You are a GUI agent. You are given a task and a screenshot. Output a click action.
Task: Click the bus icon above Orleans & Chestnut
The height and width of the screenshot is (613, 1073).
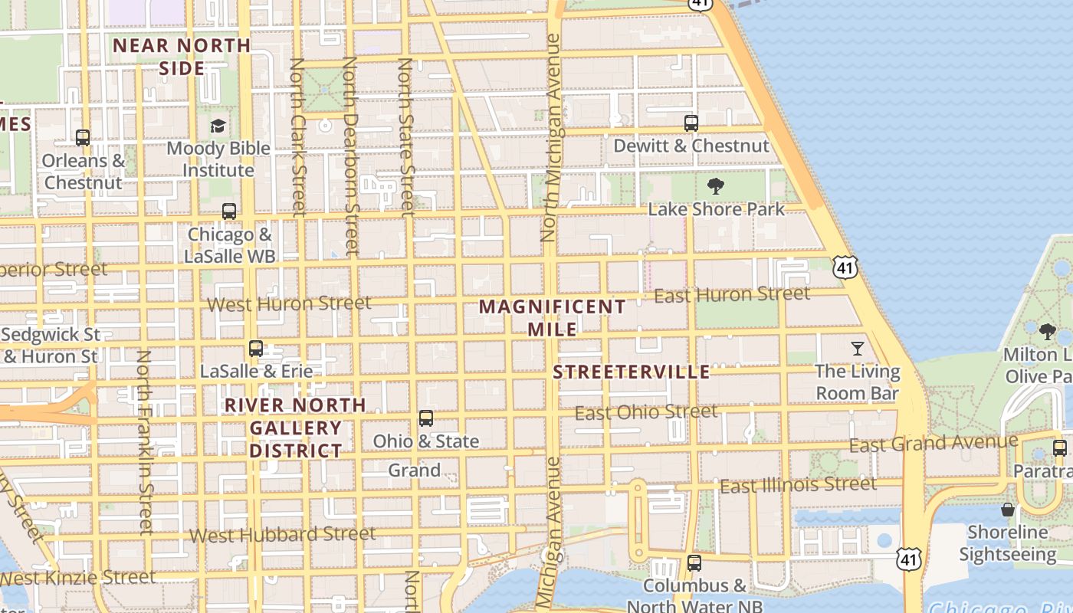coord(83,138)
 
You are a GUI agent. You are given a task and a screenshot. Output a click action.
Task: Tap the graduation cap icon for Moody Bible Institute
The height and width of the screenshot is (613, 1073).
coord(218,126)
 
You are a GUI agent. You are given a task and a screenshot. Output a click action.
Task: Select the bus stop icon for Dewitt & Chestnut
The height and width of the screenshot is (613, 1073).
coord(691,123)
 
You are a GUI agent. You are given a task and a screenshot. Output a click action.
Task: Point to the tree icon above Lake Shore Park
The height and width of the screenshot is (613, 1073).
coord(716,186)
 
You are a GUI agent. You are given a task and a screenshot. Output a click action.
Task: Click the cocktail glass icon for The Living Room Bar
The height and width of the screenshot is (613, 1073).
coord(857,349)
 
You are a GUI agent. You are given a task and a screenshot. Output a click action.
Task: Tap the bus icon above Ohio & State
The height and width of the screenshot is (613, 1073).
coord(426,418)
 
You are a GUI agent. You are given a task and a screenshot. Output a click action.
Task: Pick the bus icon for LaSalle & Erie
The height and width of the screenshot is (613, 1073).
coord(256,349)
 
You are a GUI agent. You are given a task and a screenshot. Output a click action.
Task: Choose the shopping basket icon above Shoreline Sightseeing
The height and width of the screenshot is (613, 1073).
coord(1007,510)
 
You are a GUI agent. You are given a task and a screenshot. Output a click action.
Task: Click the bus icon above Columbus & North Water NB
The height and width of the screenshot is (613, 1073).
coord(694,563)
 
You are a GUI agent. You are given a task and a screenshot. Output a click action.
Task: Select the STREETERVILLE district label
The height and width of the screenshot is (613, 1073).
coord(632,372)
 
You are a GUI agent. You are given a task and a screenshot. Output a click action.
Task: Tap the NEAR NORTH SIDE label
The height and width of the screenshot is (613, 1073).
coord(182,57)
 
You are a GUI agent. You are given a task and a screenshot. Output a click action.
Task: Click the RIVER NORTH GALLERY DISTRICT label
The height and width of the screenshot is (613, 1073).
coord(295,428)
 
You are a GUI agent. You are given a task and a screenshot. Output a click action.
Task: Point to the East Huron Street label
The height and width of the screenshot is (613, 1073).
coord(732,294)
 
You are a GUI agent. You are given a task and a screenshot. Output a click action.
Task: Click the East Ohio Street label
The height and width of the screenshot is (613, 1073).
coord(646,413)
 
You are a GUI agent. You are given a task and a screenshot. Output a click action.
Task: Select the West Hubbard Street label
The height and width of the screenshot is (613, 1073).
coord(283,534)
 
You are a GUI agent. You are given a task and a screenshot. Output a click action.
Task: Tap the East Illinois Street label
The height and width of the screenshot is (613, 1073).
coord(798,485)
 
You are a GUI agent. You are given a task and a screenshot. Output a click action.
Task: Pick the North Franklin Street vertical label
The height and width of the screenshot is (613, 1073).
coord(144,442)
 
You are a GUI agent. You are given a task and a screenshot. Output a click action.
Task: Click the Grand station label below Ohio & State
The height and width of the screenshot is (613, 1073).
coord(414,470)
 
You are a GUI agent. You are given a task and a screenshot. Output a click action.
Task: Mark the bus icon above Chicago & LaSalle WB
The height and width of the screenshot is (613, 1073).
coord(228,211)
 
